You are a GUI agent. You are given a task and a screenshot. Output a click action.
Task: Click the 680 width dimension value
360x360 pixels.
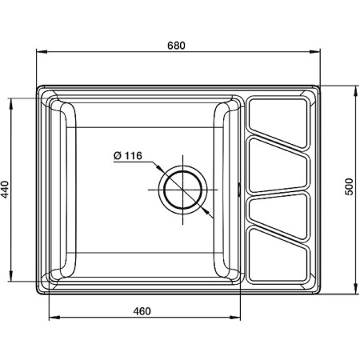pos(177,45)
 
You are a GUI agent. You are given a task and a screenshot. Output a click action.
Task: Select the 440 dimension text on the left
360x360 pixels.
pos(6,190)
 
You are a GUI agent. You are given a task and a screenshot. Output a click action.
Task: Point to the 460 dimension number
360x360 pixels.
pos(142,311)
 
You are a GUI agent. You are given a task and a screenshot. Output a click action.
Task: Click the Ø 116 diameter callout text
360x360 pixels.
pos(128,156)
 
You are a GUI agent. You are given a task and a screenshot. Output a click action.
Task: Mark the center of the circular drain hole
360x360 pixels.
pos(184,190)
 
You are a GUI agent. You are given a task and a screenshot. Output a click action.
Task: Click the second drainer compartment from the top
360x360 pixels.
pos(277,165)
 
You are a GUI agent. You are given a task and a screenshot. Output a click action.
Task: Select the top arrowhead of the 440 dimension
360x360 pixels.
pos(12,102)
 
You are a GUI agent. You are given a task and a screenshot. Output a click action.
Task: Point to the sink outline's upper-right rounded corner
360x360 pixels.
pos(316,86)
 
